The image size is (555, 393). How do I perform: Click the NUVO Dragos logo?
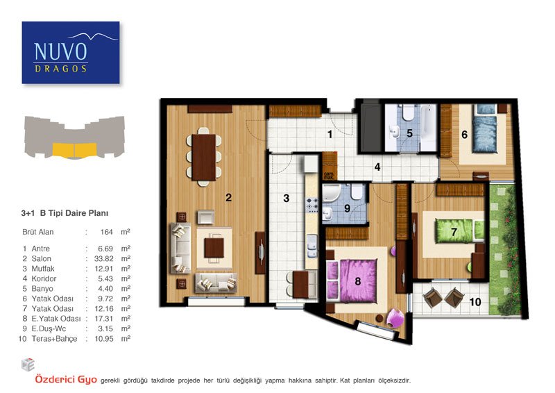(71, 53)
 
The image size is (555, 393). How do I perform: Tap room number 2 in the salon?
(229, 197)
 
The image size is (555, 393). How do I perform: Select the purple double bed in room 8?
(352, 281)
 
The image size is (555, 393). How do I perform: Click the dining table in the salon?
(203, 157)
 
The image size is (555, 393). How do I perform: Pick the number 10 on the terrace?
(475, 302)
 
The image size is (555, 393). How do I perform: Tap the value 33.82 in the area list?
(103, 259)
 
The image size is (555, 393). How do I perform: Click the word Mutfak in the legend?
(43, 269)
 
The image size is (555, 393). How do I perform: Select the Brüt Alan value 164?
(107, 232)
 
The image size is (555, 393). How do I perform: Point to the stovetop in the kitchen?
(311, 204)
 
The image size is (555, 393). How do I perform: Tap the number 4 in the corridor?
(377, 167)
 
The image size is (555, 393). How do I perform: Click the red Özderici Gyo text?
(66, 380)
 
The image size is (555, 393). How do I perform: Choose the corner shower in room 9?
(332, 193)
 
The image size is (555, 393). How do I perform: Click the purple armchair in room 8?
(395, 317)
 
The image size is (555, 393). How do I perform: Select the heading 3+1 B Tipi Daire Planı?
(65, 213)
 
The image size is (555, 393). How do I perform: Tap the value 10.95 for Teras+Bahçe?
(103, 339)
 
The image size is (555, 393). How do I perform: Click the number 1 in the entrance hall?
(330, 134)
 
